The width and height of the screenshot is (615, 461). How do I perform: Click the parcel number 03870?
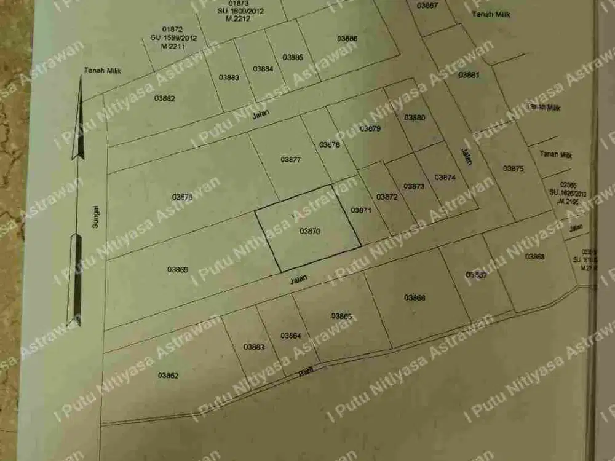tap(310, 231)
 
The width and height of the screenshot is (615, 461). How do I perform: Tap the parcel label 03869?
tap(177, 269)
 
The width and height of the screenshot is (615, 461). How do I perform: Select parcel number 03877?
tap(290, 160)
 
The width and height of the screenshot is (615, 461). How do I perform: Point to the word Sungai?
tap(95, 217)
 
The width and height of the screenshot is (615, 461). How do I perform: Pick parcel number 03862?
tap(168, 375)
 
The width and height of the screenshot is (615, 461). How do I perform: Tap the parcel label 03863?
tap(253, 347)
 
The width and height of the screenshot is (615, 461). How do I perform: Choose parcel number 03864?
tap(290, 336)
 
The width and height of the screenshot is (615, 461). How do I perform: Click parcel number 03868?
tap(534, 257)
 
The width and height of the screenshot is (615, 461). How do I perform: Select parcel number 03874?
tap(445, 177)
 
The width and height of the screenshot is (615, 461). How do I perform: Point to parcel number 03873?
tap(414, 186)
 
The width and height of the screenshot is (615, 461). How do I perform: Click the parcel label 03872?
tap(387, 197)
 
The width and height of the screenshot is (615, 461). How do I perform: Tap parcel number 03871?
tap(361, 210)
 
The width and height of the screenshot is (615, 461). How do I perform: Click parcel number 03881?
tap(469, 75)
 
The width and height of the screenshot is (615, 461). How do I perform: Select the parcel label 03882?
tap(165, 98)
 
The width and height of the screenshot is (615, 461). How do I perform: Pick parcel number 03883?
tap(229, 77)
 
